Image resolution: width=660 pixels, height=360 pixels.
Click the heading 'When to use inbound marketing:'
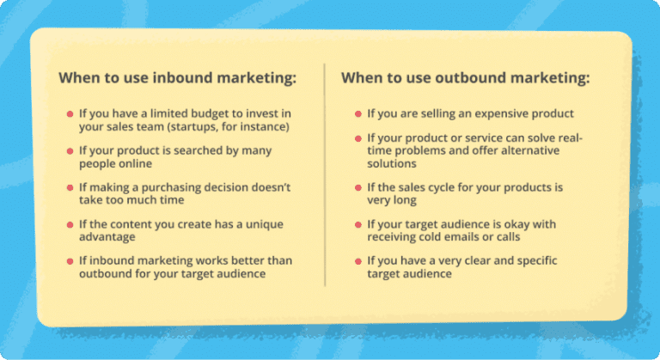tap(177, 78)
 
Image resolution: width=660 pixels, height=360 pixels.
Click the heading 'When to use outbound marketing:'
tap(466, 78)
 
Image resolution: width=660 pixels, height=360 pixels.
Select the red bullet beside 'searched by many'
tap(69, 151)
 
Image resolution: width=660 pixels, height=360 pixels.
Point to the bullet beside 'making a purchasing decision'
tap(69, 187)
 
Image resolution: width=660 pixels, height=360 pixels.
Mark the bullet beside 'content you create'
tap(69, 224)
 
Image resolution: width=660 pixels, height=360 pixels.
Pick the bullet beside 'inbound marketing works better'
tap(69, 261)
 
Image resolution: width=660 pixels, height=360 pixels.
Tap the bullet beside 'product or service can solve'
tap(357, 138)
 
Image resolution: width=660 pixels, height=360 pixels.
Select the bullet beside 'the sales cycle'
tap(357, 188)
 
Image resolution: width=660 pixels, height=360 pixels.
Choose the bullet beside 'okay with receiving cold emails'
tap(357, 225)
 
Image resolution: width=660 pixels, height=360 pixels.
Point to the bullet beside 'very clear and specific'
tap(357, 262)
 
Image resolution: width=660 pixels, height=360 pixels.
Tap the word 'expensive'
tap(496, 113)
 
